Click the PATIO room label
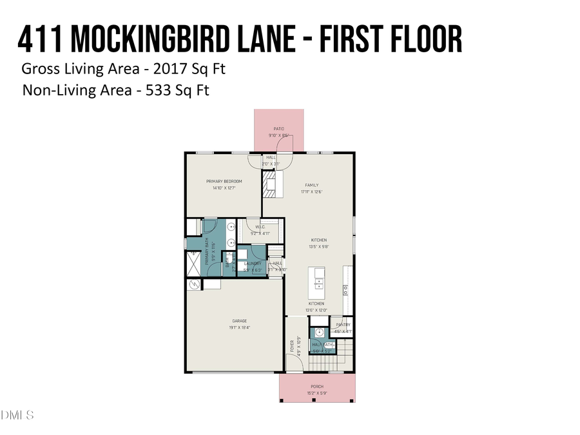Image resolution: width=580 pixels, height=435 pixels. click(278, 129)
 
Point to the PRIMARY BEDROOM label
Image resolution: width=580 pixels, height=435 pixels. click(224, 181)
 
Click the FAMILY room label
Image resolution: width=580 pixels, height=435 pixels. click(311, 185)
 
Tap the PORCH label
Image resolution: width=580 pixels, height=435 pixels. click(316, 386)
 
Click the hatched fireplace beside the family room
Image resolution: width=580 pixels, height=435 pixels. click(269, 186)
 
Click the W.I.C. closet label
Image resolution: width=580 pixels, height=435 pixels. click(260, 227)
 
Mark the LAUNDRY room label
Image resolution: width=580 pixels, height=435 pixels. click(252, 264)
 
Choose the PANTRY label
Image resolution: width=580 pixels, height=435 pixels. click(343, 325)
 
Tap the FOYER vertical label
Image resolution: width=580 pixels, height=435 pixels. click(292, 347)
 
